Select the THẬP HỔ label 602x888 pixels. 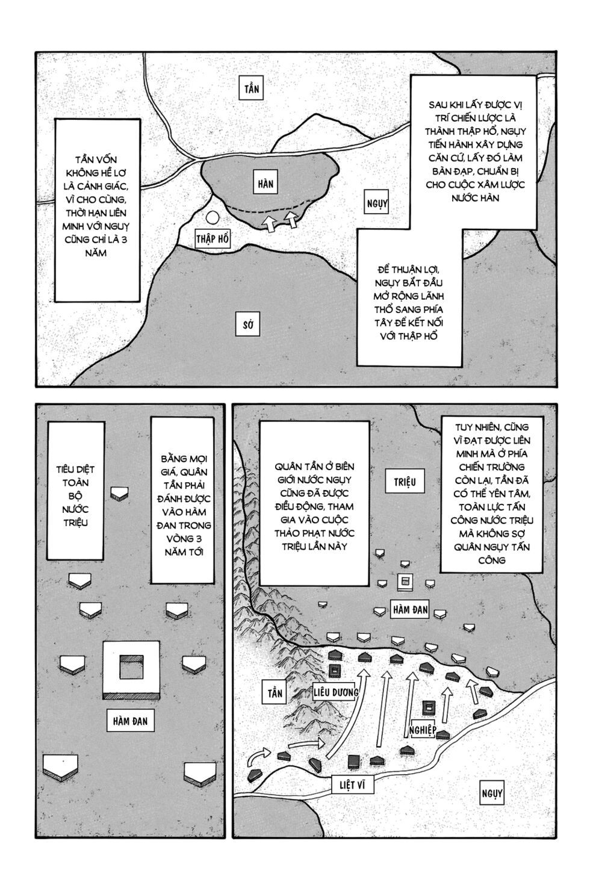tap(213, 239)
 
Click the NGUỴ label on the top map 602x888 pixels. tap(377, 203)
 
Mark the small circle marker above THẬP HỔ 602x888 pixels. tap(212, 219)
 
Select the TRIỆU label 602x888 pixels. tap(405, 481)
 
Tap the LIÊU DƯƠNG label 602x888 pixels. tap(336, 692)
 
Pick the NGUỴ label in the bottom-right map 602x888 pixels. tap(491, 793)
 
